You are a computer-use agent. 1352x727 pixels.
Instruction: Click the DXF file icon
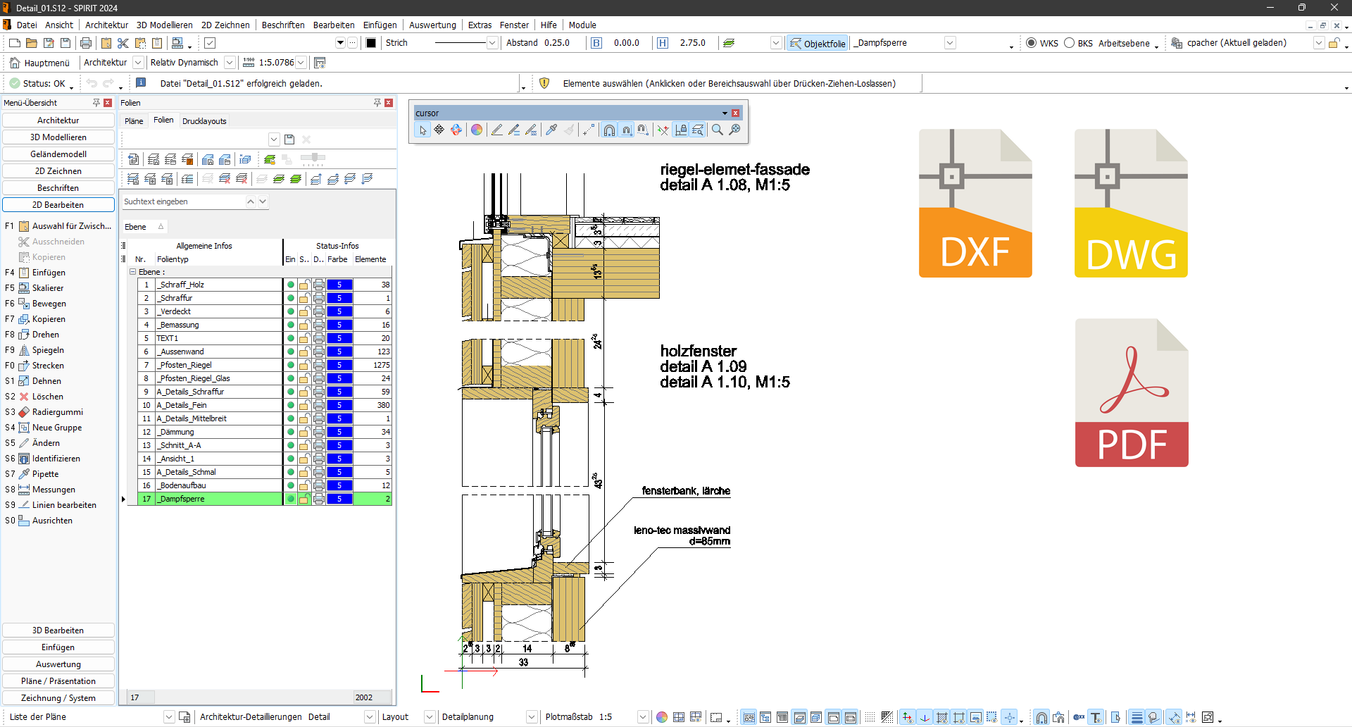(975, 204)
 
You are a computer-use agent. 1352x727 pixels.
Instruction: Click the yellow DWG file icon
(1130, 204)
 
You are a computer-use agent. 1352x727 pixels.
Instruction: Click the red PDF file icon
(1131, 393)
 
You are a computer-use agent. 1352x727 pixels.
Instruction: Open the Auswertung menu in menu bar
(432, 25)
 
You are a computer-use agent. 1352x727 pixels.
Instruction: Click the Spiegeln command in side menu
(48, 350)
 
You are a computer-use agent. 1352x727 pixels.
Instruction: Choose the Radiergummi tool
(57, 412)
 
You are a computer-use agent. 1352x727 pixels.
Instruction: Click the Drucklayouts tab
(204, 121)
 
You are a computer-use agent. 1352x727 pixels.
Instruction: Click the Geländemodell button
(58, 154)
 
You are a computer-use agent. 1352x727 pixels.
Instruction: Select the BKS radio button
(1069, 43)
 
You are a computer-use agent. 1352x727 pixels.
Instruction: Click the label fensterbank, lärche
(685, 491)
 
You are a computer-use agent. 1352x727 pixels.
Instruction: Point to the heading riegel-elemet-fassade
(734, 170)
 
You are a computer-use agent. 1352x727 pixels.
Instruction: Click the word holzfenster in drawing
(698, 351)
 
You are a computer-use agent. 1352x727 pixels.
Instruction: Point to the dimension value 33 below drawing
(523, 662)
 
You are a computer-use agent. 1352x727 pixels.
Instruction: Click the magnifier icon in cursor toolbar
(717, 130)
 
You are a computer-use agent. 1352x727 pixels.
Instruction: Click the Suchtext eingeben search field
(182, 201)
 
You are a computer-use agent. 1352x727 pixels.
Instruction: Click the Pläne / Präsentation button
(58, 681)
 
